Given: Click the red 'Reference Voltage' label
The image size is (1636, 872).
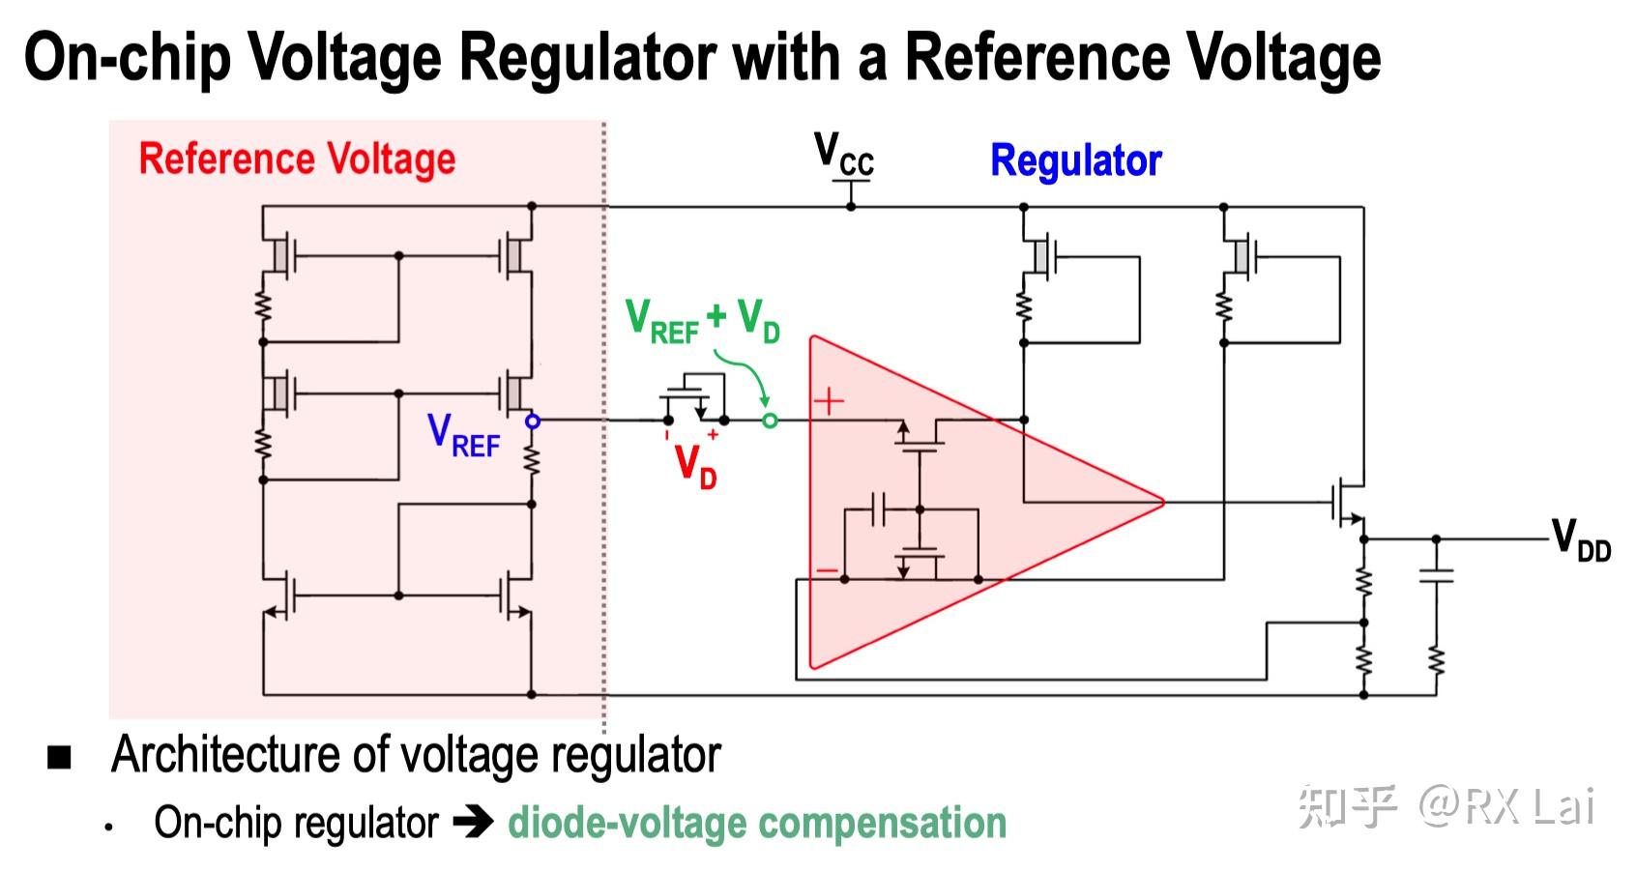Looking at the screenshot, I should click(297, 159).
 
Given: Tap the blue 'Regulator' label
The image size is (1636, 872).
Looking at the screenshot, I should click(1075, 160).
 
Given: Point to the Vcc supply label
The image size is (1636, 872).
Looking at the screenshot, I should click(843, 155).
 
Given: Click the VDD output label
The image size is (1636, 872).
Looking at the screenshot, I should click(1581, 539).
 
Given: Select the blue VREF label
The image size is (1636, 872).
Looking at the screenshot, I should click(464, 436).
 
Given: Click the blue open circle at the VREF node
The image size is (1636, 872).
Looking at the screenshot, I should click(532, 421).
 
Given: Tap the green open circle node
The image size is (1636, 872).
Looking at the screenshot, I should click(770, 421).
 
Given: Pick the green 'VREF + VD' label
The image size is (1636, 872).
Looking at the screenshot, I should click(702, 321).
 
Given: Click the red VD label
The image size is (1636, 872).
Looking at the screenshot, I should click(695, 467).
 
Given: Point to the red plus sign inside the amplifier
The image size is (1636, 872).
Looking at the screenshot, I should click(829, 400).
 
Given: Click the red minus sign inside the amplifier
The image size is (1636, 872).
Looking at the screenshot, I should click(827, 570).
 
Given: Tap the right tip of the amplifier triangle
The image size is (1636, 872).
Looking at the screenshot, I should click(1162, 502).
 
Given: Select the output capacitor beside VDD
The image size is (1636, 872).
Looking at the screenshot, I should click(1436, 576).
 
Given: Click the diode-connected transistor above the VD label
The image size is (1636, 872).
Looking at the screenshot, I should click(695, 396).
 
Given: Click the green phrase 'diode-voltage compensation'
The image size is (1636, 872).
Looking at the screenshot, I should click(757, 823).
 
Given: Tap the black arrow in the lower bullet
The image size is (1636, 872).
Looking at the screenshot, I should click(473, 823).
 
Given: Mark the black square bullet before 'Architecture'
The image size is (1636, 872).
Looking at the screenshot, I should click(60, 757).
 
